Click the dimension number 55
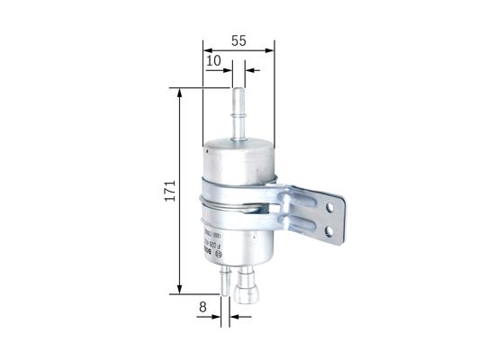pyautogui.click(x=238, y=40)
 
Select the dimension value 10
pyautogui.click(x=213, y=60)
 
